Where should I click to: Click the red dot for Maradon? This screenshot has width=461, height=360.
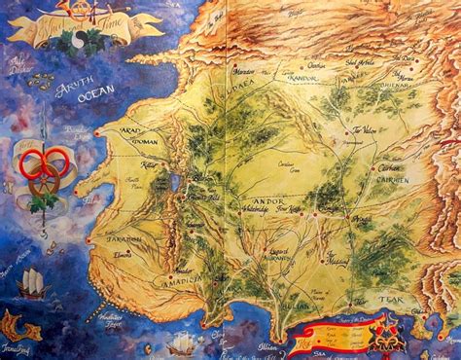[x=236, y=70]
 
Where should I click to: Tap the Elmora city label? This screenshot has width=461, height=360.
[x=124, y=254]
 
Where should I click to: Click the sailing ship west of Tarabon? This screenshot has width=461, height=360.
[x=32, y=282]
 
